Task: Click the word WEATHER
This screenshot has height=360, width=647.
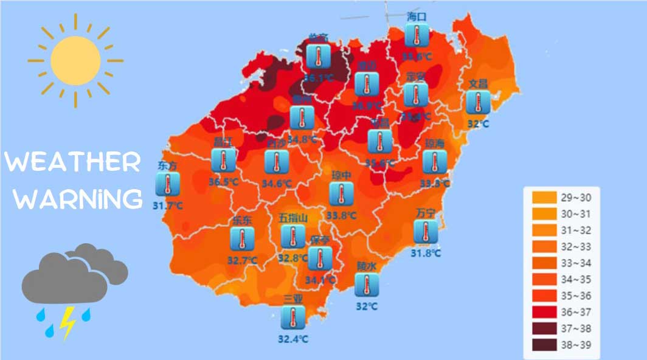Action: point(72,163)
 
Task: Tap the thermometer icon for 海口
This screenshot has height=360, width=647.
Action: point(417,35)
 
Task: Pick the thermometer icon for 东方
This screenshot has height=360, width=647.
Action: point(167,184)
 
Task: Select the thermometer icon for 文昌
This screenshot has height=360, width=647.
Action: point(478,102)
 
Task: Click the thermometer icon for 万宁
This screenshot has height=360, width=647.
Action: point(425,232)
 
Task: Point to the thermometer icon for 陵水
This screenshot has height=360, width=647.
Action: point(367,285)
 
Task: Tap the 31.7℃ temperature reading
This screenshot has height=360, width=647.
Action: point(168,206)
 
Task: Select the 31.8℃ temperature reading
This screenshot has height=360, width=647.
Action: point(426,253)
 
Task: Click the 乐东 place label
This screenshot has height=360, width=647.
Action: point(242,221)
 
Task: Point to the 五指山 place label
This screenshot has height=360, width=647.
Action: point(293,218)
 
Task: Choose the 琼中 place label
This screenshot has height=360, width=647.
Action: point(342,175)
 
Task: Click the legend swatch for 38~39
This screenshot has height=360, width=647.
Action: point(544,345)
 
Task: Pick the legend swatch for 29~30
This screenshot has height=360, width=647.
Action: point(544,198)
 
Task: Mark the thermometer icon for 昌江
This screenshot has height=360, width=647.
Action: point(223,161)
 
